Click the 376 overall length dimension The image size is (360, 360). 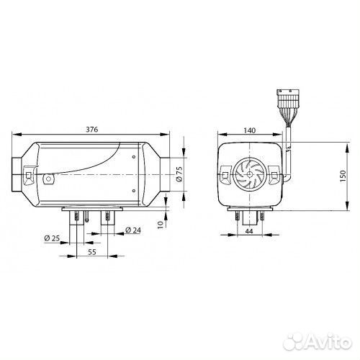click(x=92, y=130)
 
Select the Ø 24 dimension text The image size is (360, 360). click(x=133, y=230)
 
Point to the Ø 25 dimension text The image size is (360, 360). click(x=52, y=238)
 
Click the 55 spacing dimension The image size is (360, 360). click(x=92, y=252)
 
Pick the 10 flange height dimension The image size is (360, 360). click(x=161, y=225)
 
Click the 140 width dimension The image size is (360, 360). click(x=250, y=130)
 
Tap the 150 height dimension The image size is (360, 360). click(x=343, y=176)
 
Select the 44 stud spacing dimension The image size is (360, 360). click(x=249, y=231)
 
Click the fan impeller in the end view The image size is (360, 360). click(x=250, y=174)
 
